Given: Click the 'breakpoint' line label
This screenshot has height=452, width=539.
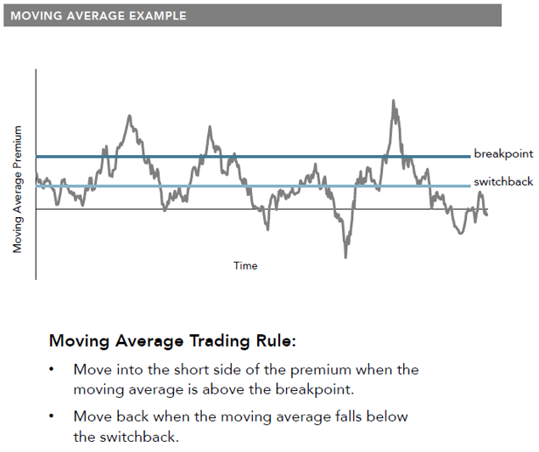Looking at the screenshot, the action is point(503,153).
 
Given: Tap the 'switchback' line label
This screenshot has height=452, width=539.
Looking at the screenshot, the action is point(503,181).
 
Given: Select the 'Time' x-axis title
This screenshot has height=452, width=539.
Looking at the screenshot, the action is point(245,265).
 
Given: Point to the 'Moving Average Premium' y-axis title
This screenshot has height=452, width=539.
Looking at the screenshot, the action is point(17,189).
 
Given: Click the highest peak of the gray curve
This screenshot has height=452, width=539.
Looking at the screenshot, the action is point(393,100).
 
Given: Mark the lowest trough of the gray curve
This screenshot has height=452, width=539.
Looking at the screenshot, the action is point(345,257).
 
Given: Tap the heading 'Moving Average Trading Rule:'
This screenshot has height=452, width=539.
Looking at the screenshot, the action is point(172,341).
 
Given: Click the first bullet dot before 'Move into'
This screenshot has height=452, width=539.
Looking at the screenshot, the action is point(52,370).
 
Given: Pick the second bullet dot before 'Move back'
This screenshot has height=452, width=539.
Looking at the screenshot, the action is point(52,416).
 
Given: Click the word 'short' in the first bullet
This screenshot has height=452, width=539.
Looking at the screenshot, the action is point(191,370).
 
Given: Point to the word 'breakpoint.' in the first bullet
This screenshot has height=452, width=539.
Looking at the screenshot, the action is point(315,390).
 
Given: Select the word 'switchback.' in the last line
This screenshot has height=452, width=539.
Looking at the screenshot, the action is point(139,437).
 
